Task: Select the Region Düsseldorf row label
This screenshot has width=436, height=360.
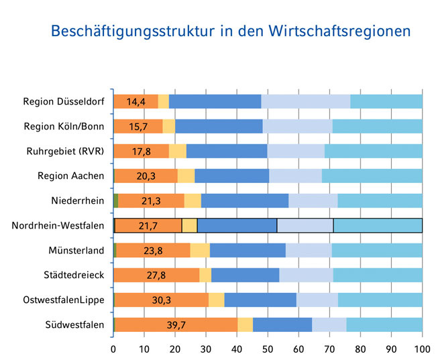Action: [x=63, y=101]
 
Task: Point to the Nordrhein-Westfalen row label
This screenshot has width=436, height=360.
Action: [x=58, y=225]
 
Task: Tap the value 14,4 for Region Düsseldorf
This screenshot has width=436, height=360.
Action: [x=136, y=102]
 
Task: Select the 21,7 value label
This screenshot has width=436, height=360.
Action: [x=148, y=226]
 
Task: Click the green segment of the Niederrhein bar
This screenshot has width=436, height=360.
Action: [x=115, y=200]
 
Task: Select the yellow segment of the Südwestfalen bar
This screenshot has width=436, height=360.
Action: [x=245, y=324]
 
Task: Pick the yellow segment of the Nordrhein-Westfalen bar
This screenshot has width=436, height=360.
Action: [x=189, y=226]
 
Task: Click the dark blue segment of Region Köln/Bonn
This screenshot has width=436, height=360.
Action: [x=219, y=126]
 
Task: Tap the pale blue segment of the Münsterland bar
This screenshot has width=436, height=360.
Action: [x=309, y=250]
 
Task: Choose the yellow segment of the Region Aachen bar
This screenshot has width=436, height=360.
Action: [x=186, y=176]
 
